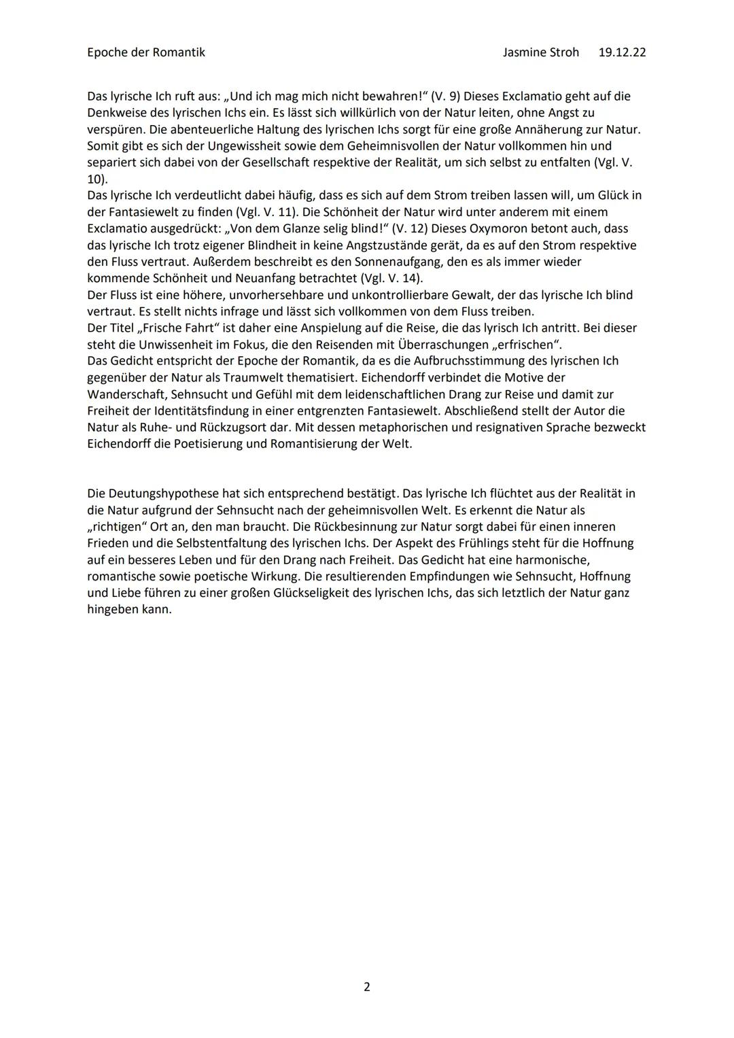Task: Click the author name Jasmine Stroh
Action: (540, 52)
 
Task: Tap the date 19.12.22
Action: (622, 52)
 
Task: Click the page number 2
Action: (367, 986)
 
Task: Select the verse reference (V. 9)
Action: (446, 97)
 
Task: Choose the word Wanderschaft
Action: (126, 394)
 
